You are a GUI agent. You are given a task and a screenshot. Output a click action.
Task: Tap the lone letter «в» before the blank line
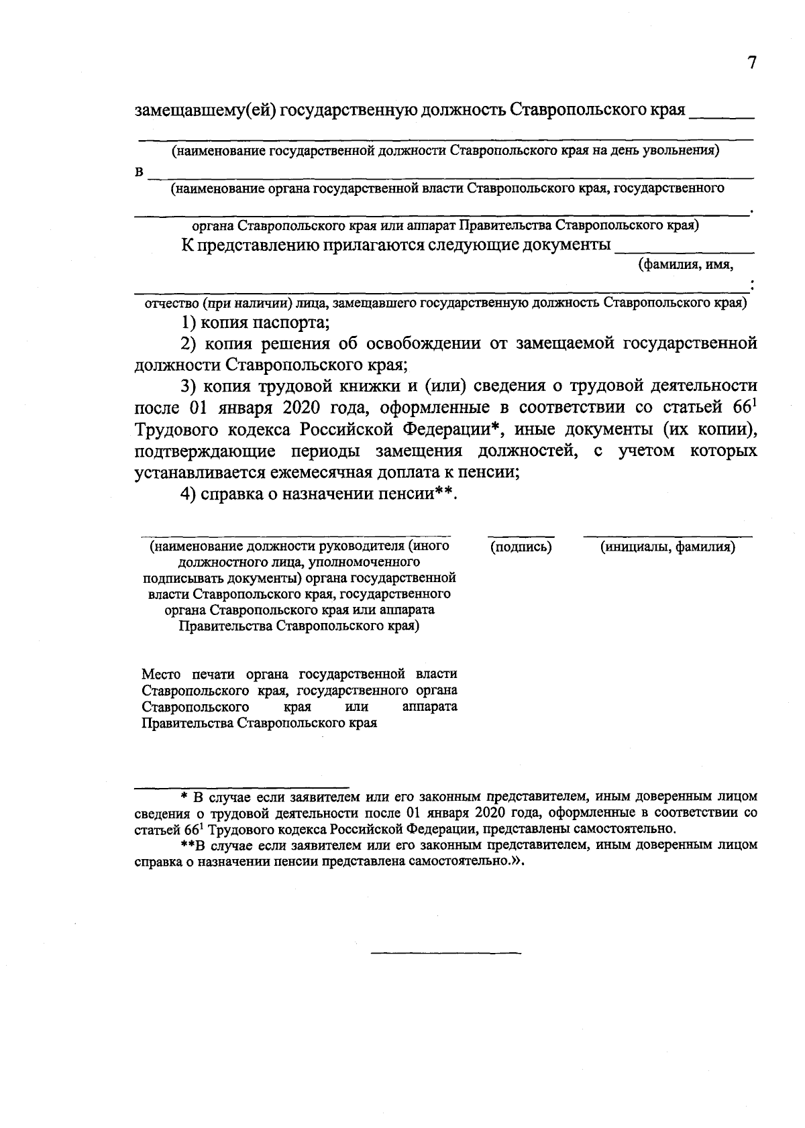pyautogui.click(x=140, y=172)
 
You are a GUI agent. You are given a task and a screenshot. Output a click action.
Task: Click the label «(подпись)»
pyautogui.click(x=521, y=547)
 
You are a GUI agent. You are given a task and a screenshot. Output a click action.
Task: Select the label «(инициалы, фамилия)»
pyautogui.click(x=667, y=547)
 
